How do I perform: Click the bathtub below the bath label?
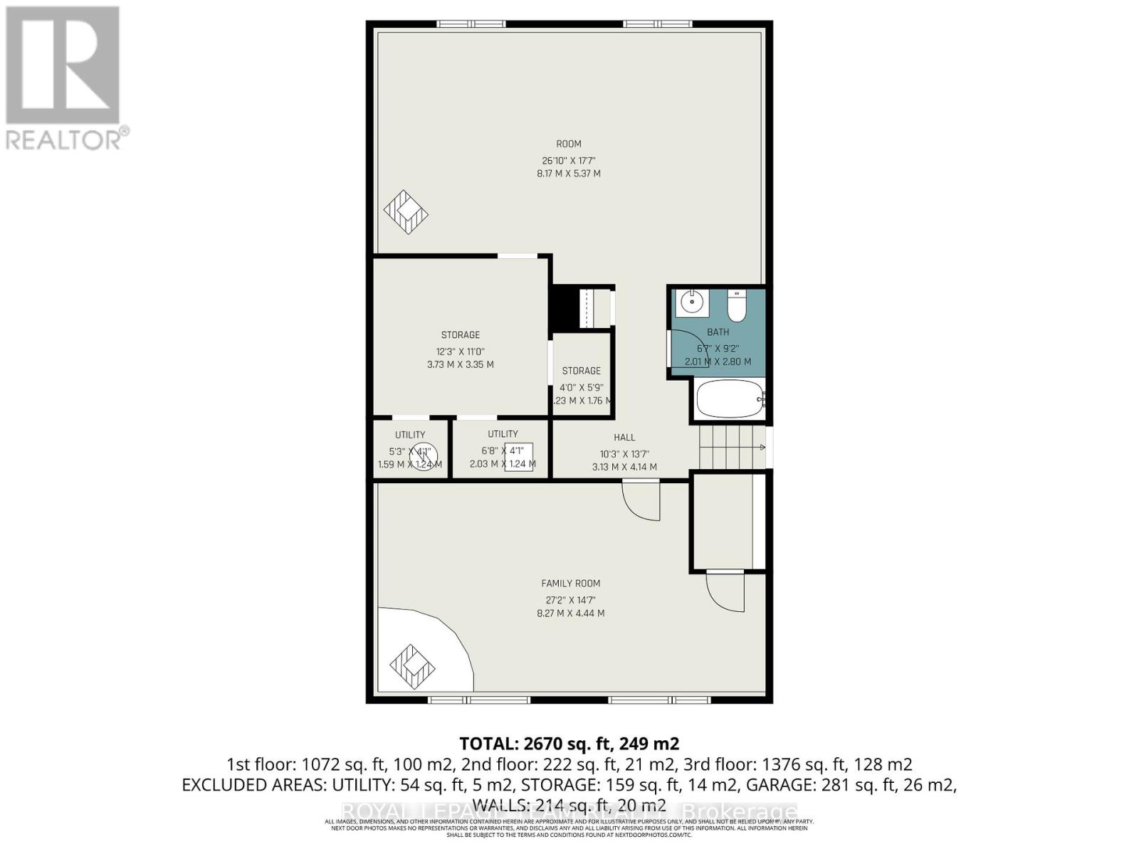coord(729,399)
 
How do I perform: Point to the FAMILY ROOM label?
coord(570,584)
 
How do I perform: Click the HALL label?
coord(624,438)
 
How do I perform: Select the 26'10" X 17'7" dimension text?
coord(568,160)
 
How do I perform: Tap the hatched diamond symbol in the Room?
coord(406,211)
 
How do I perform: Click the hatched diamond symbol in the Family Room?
coord(412,666)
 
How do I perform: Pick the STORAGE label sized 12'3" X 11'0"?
coord(460,334)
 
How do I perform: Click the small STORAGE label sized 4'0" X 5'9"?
coord(581,371)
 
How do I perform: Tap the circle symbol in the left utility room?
coord(423,455)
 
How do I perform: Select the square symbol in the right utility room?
coord(518,456)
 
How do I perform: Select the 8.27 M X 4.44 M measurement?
coord(570,613)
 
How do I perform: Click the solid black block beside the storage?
coord(565,307)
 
